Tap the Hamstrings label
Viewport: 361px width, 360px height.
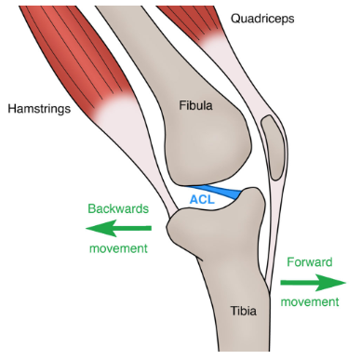(39, 109)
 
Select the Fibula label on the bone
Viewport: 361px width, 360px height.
(195, 106)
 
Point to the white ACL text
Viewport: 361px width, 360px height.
(202, 198)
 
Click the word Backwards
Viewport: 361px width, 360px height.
(117, 209)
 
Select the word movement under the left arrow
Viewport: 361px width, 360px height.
(117, 248)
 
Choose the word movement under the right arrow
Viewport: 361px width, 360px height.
(311, 301)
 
